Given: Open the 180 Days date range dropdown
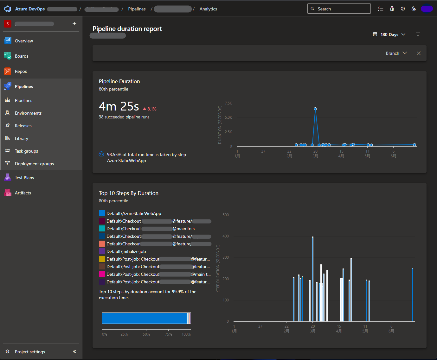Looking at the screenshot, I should pyautogui.click(x=389, y=35).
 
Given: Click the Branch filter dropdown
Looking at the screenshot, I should pyautogui.click(x=396, y=53).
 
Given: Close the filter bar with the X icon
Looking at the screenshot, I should pyautogui.click(x=419, y=53).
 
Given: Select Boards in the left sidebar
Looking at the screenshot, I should pyautogui.click(x=22, y=56).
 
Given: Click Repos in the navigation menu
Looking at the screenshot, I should pyautogui.click(x=21, y=71).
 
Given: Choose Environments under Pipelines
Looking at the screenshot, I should pyautogui.click(x=28, y=113).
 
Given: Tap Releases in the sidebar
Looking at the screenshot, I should pyautogui.click(x=23, y=126).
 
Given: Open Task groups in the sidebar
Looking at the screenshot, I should pyautogui.click(x=26, y=151).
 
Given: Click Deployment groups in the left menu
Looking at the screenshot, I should pyautogui.click(x=34, y=164).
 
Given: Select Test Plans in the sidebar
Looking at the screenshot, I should pyautogui.click(x=24, y=178).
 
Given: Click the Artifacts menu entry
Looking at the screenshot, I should pyautogui.click(x=23, y=193).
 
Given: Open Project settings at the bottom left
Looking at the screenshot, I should pyautogui.click(x=30, y=352).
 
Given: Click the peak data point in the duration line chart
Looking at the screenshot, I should pyautogui.click(x=315, y=109).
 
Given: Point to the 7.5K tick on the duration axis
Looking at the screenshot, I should pyautogui.click(x=228, y=103).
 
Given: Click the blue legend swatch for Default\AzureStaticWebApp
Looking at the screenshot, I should pyautogui.click(x=102, y=213).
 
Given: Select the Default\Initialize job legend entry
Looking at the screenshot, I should pyautogui.click(x=126, y=251).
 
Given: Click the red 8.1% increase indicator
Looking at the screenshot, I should pyautogui.click(x=150, y=109).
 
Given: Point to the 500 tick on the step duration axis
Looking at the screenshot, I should pyautogui.click(x=226, y=215).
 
